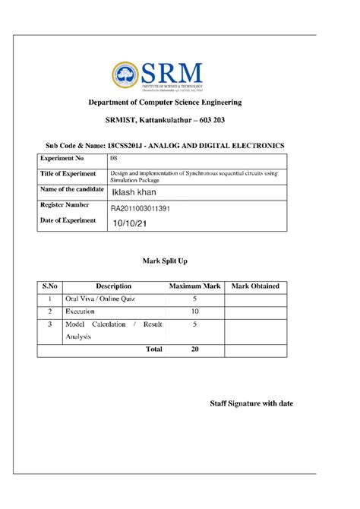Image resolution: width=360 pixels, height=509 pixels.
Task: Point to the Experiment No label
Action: (62, 159)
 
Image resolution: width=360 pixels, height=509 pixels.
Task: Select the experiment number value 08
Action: (114, 159)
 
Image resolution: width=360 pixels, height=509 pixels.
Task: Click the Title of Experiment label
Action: (68, 174)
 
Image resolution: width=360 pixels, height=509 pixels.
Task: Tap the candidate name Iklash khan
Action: (135, 192)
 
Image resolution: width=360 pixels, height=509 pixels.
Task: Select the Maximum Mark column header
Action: (194, 286)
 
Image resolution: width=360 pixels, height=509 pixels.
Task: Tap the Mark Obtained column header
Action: (255, 286)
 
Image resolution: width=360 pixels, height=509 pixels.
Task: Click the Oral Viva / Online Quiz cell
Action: (100, 299)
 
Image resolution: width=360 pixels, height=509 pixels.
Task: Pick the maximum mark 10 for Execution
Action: (194, 311)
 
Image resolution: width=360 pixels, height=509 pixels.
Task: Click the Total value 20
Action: (194, 349)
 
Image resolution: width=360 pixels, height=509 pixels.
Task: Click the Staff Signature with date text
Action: (251, 403)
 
